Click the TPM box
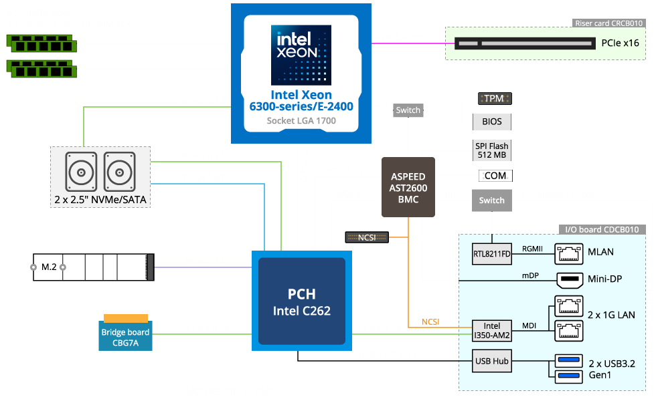(494, 99)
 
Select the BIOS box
(494, 122)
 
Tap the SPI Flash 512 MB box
(492, 151)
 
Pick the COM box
(495, 176)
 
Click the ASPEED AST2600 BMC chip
(408, 187)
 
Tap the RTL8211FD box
(492, 253)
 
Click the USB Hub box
(492, 362)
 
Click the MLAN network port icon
(570, 253)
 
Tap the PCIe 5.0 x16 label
(400, 37)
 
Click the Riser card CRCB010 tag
(609, 23)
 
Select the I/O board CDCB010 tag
(602, 229)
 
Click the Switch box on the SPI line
(408, 110)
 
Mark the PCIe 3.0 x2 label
(207, 261)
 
